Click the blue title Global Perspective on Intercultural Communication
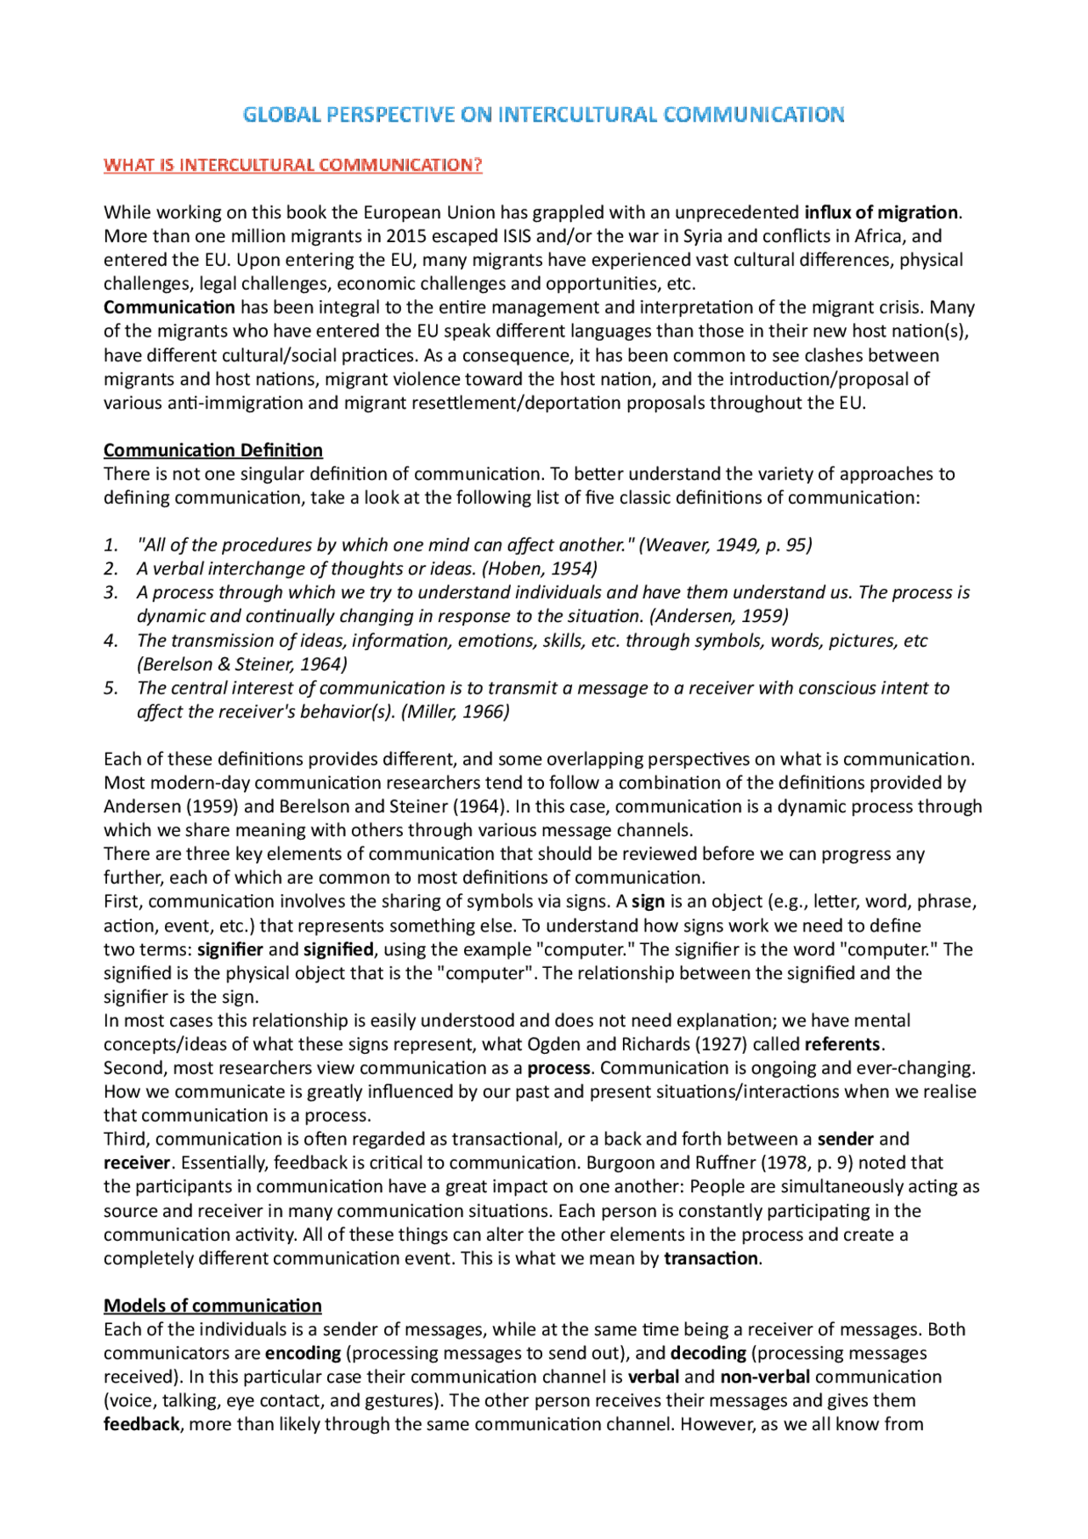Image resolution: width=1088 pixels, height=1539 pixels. click(543, 115)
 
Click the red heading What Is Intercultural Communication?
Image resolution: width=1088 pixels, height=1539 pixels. click(292, 165)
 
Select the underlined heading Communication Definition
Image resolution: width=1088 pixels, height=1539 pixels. click(212, 450)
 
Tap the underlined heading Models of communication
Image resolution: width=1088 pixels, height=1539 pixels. click(212, 1305)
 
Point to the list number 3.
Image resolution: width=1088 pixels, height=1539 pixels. click(110, 592)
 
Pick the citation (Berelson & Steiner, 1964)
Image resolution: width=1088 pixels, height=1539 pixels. click(242, 664)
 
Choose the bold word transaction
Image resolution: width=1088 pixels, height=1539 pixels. click(711, 1259)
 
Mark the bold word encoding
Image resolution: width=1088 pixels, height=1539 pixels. click(303, 1353)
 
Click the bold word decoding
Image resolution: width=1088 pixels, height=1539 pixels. click(708, 1353)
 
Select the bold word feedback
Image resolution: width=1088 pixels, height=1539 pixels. click(141, 1424)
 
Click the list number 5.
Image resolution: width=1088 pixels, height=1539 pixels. click(110, 687)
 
